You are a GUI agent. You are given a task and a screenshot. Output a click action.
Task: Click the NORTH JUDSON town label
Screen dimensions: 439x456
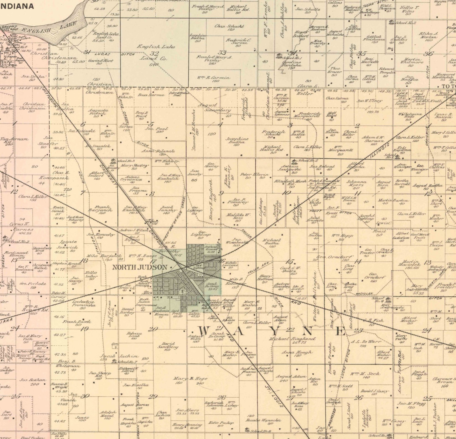(x=140, y=267)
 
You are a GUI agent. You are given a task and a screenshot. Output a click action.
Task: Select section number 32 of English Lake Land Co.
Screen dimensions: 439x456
(x=154, y=53)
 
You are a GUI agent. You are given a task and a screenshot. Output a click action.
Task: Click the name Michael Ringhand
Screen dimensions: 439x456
(x=292, y=339)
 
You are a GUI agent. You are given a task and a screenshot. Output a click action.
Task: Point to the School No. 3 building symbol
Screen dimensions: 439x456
(x=113, y=161)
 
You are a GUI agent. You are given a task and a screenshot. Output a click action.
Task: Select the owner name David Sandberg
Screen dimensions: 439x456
(x=168, y=345)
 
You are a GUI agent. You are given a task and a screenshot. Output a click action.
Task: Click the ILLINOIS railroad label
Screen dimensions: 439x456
(x=380, y=150)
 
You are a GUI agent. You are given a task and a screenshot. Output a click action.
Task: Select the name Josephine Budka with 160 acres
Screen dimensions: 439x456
(x=237, y=140)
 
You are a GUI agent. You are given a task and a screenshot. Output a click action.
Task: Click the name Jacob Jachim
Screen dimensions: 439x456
(x=119, y=356)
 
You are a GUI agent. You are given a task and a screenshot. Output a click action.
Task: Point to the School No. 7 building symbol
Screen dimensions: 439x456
(x=114, y=361)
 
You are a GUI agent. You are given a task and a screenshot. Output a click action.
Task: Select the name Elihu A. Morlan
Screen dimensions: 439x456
(x=429, y=35)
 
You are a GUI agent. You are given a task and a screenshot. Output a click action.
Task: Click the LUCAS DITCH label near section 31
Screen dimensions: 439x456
(x=115, y=54)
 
